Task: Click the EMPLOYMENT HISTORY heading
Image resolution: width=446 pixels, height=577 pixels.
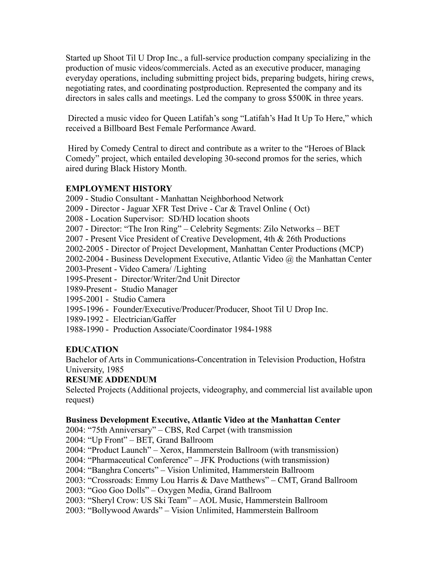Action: pyautogui.click(x=119, y=189)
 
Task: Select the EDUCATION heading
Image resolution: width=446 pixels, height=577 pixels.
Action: pyautogui.click(x=92, y=349)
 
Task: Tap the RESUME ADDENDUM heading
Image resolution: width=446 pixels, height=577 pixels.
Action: pyautogui.click(x=111, y=380)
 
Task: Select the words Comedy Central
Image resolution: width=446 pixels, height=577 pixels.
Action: pyautogui.click(x=130, y=148)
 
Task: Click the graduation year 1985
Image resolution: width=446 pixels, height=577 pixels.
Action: pyautogui.click(x=115, y=370)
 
